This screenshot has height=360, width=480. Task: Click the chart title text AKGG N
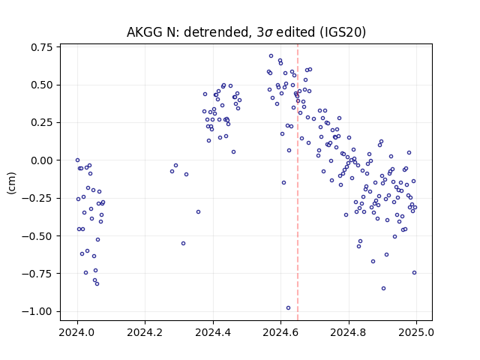152,32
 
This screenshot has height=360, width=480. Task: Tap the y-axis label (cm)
11,183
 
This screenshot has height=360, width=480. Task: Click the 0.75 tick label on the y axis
41,47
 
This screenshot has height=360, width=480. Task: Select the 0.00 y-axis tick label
41,160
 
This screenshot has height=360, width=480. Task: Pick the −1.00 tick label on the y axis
37,312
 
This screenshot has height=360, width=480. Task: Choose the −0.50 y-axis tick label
37,236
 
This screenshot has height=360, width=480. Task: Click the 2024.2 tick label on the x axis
145,332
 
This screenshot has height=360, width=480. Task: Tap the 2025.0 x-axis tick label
416,332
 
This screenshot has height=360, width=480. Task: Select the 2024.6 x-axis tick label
280,332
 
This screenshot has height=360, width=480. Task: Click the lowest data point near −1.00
288,308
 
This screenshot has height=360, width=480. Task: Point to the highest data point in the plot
271,56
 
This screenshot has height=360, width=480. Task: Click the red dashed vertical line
298,182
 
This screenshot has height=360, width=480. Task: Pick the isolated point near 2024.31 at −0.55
183,243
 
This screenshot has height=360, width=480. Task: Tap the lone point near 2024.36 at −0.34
198,211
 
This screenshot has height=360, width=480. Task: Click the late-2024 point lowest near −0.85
383,288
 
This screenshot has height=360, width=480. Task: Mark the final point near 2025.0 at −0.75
414,273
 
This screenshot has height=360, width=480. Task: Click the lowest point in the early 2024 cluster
97,283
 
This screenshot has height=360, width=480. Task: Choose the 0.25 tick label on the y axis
41,123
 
